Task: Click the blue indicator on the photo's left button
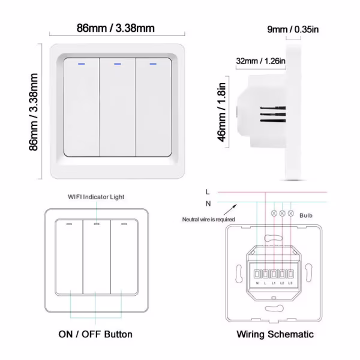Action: pyautogui.click(x=81, y=61)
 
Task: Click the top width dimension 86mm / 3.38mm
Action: pyautogui.click(x=115, y=28)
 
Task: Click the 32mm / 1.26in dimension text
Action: pyautogui.click(x=260, y=61)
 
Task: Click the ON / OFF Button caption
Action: pyautogui.click(x=95, y=334)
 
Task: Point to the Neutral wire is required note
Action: pyautogui.click(x=208, y=220)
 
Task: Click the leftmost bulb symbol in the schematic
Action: pyautogui.click(x=275, y=213)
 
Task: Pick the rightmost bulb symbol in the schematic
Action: pyautogui.click(x=291, y=213)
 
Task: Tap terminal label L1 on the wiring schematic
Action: pyautogui.click(x=274, y=282)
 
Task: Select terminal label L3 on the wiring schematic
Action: pyautogui.click(x=290, y=282)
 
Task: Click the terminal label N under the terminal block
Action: pyautogui.click(x=257, y=282)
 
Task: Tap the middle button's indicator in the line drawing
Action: pyautogui.click(x=96, y=224)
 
